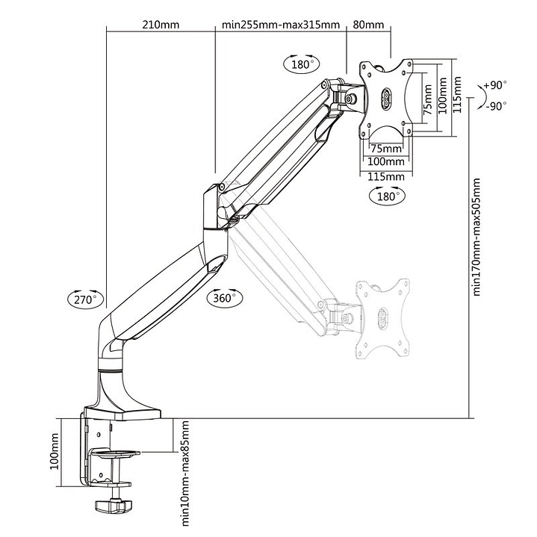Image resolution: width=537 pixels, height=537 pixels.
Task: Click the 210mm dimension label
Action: click(161, 24)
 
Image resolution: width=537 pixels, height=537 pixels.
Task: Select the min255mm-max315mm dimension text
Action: click(281, 24)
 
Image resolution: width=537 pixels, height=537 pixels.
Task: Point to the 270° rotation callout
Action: click(83, 299)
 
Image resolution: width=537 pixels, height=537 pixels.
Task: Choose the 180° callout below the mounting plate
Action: click(386, 196)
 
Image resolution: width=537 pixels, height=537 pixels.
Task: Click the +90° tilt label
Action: click(494, 85)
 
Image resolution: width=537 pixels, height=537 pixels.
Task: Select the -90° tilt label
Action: click(494, 105)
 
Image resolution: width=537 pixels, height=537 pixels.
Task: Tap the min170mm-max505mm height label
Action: click(478, 238)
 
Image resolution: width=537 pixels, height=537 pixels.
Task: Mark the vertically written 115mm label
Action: click(468, 97)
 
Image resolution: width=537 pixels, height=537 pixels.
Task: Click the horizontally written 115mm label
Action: click(385, 176)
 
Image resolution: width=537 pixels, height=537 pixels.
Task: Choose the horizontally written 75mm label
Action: click(385, 148)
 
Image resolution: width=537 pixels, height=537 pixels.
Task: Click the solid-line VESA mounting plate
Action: click(387, 97)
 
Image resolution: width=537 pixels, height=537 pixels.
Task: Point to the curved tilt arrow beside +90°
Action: click(478, 95)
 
